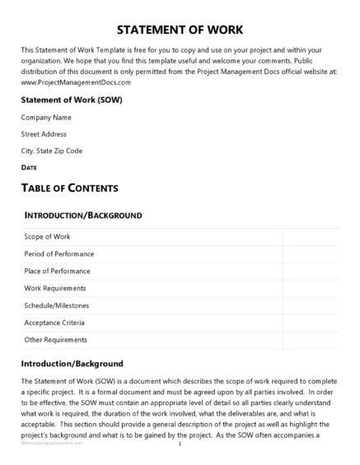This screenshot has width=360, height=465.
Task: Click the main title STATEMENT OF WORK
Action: (x=180, y=30)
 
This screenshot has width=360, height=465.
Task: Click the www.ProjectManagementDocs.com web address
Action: (x=76, y=82)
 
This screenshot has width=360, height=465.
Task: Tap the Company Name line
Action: (x=46, y=118)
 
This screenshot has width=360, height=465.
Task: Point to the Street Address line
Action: (x=44, y=134)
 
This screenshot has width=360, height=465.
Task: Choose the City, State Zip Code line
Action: (x=52, y=151)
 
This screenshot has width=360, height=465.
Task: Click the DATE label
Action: (x=29, y=167)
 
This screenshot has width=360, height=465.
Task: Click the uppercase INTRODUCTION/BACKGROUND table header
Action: (x=83, y=216)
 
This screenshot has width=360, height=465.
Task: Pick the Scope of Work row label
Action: (x=48, y=236)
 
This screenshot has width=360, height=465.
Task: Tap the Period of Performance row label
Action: (x=59, y=253)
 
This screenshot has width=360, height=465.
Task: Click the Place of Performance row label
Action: (x=58, y=271)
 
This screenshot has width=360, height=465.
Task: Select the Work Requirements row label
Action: (x=55, y=288)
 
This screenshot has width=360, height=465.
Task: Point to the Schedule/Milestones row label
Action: (x=56, y=305)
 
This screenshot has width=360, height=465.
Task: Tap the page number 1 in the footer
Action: (x=180, y=444)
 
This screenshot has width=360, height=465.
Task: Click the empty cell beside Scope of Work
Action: (x=311, y=236)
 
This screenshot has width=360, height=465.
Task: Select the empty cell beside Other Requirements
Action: (x=311, y=340)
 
